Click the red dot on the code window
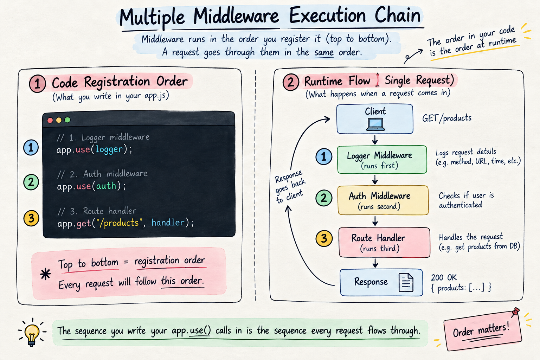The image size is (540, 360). (50, 120)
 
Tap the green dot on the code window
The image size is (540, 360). (67, 120)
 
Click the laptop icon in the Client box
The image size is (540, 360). (375, 124)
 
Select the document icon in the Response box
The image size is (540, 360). (406, 282)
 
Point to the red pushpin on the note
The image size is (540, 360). (515, 312)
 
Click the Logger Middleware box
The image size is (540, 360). (382, 160)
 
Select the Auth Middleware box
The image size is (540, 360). (383, 200)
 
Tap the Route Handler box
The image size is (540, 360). (384, 242)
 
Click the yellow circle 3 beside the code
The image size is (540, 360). (31, 218)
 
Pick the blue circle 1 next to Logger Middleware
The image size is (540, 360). (324, 156)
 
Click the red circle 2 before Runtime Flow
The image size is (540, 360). (291, 82)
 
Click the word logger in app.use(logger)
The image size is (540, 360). (109, 149)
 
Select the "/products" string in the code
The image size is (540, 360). (119, 223)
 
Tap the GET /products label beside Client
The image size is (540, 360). (447, 118)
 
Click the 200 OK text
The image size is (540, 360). (444, 277)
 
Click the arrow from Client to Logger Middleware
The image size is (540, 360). (375, 140)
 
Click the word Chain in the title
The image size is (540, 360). (398, 16)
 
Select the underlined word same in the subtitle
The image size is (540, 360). (324, 53)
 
